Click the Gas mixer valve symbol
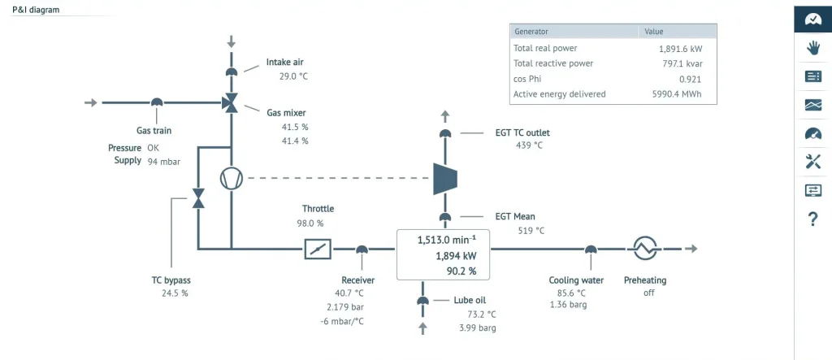[x=231, y=102]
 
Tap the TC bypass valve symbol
[x=197, y=198]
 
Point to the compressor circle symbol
[x=231, y=178]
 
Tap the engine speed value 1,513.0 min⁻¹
[x=446, y=240]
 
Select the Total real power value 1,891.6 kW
[x=680, y=48]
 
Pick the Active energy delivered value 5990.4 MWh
[x=676, y=94]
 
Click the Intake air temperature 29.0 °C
[x=293, y=76]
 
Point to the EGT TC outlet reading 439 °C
[x=529, y=145]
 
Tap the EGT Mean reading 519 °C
[x=531, y=231]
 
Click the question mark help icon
[x=812, y=219]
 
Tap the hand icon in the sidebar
[x=812, y=48]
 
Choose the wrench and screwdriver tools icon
[x=812, y=162]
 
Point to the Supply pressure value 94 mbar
[x=163, y=162]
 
